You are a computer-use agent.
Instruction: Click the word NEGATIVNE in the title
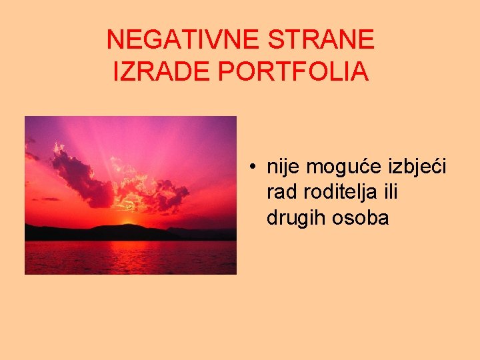pos(183,41)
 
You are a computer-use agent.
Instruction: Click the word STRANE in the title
pos(321,41)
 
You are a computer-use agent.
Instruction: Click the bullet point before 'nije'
pos(255,166)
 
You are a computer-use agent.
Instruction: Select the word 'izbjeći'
pos(417,167)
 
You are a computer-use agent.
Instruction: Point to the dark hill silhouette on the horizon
pos(100,233)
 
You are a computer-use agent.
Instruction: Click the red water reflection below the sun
pos(130,257)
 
